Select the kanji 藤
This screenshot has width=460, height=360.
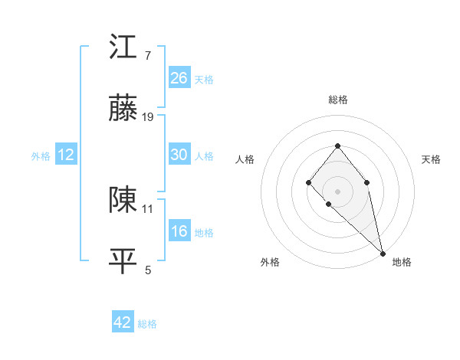(123, 110)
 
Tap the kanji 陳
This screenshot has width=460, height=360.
(123, 200)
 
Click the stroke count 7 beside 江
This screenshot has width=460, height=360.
(148, 55)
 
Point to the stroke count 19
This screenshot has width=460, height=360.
(148, 117)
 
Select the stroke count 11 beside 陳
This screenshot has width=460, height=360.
(148, 208)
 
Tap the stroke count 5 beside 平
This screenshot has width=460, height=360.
(148, 270)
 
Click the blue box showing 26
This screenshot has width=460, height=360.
(179, 77)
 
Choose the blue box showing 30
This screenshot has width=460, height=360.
(179, 155)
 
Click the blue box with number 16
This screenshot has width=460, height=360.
(179, 231)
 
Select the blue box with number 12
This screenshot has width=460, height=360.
(66, 155)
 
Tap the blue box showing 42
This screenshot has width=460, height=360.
(123, 322)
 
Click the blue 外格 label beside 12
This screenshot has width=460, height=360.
(41, 155)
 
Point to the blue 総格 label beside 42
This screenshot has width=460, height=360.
(147, 324)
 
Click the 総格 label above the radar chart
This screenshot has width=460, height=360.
(337, 100)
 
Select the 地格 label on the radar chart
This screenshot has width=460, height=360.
(402, 262)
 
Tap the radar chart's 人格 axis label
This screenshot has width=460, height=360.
(245, 159)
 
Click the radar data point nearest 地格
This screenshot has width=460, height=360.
(382, 253)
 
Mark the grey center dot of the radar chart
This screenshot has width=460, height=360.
(337, 191)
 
